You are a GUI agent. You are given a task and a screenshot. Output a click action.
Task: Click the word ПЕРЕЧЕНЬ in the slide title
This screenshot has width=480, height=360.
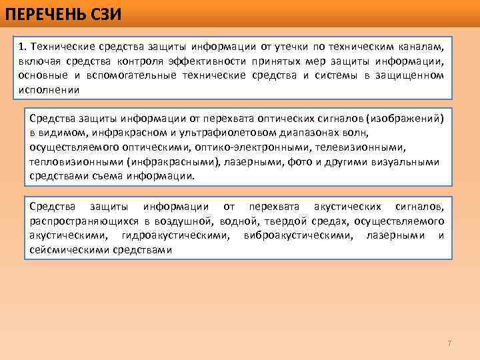41,11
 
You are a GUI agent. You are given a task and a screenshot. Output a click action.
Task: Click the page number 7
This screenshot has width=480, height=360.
449,343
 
